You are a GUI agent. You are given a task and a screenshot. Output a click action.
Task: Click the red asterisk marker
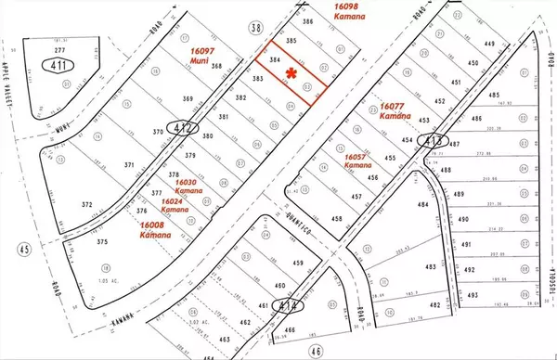[x=292, y=72]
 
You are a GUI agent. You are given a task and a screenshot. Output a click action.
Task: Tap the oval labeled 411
[x=34, y=66]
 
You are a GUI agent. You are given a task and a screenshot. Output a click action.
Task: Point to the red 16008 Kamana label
[x=155, y=229]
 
